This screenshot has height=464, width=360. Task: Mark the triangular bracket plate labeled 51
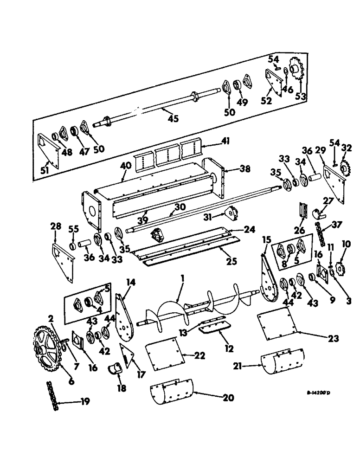coord(48,149)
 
